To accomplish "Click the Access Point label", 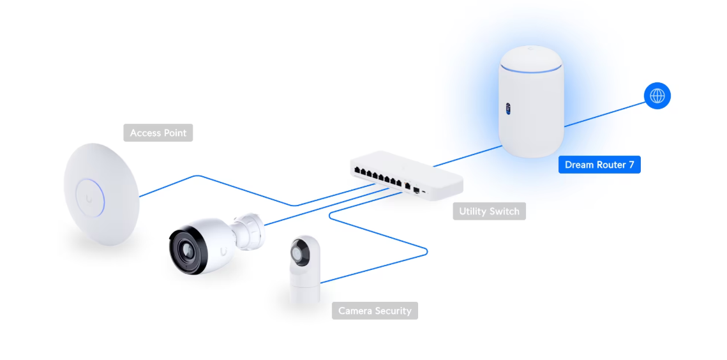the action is (158, 133).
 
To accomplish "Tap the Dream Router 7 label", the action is (599, 165).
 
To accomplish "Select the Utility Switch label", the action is (489, 211).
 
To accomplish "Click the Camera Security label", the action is (375, 310).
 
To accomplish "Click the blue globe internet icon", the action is (657, 96).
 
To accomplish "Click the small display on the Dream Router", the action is (507, 108).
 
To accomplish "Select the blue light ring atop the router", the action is (530, 71).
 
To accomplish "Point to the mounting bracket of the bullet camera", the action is (250, 230).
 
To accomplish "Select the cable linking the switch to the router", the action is (467, 156).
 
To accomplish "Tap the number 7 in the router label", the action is (631, 165).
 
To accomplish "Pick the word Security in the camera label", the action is (393, 310).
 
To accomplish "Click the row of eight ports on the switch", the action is (378, 177).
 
